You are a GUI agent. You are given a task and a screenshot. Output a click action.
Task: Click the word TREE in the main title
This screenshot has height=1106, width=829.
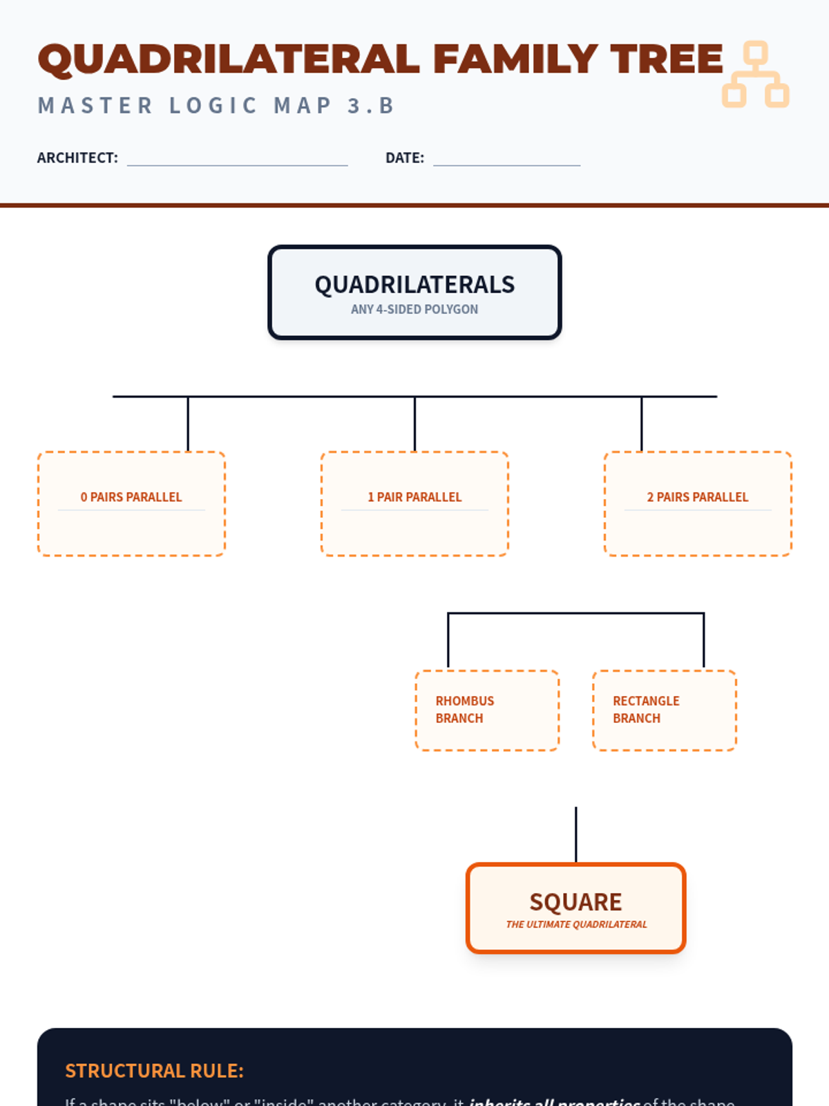[x=667, y=59]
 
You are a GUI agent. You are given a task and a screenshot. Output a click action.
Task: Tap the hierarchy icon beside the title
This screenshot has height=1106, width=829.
[x=756, y=75]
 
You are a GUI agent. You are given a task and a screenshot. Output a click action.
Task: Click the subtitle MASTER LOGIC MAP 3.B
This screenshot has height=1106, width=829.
[x=216, y=106]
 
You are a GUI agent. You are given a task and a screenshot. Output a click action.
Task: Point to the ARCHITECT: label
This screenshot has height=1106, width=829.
[x=77, y=158]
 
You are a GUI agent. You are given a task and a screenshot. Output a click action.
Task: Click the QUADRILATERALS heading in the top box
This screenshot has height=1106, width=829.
[x=414, y=285]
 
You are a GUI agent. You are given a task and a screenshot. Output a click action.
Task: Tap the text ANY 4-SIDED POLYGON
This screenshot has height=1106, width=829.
[x=414, y=309]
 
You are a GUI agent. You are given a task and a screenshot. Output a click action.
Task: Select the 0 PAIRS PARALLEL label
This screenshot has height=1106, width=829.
[x=131, y=497]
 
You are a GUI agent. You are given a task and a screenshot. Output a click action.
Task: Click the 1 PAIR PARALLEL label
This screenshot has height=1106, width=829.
[x=414, y=497]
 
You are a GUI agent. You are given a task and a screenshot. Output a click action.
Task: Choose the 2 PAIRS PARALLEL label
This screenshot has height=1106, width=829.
[x=698, y=497]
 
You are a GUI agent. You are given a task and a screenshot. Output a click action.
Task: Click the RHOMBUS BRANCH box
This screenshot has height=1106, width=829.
[x=487, y=710]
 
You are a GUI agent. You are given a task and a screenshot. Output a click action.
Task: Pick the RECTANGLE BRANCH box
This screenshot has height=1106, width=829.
[x=665, y=710]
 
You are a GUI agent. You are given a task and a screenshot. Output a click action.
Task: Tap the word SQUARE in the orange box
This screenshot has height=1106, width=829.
[x=575, y=902]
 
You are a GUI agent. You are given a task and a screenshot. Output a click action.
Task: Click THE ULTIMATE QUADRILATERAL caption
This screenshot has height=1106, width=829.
[x=576, y=924]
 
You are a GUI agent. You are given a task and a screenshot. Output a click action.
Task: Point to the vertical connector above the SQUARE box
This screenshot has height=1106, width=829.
[x=575, y=834]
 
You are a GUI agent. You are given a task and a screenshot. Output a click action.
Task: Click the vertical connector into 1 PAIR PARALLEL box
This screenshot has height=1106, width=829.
[x=414, y=424]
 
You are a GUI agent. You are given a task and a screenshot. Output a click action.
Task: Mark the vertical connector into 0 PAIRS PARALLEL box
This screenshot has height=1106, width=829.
[x=188, y=424]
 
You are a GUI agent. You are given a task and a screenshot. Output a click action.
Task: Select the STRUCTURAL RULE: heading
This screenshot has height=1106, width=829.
[x=154, y=1071]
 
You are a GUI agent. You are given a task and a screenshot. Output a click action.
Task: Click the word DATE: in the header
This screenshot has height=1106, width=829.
[x=405, y=158]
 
